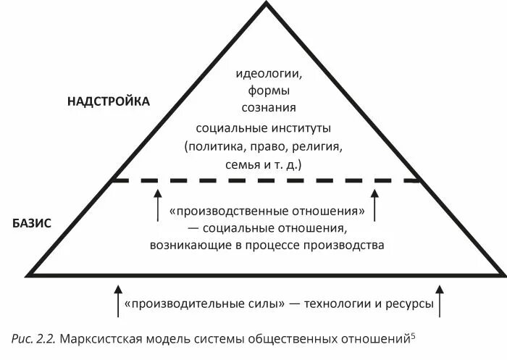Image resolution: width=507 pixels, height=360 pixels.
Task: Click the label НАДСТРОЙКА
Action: click(x=108, y=101)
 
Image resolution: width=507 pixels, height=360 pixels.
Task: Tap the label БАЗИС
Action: click(x=32, y=223)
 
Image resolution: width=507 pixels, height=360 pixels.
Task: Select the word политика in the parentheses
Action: click(x=214, y=147)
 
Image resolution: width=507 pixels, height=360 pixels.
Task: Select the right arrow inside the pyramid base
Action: click(x=374, y=205)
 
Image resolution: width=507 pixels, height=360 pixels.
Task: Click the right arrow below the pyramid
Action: click(x=440, y=300)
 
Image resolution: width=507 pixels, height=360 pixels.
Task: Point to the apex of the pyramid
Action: click(x=267, y=4)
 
